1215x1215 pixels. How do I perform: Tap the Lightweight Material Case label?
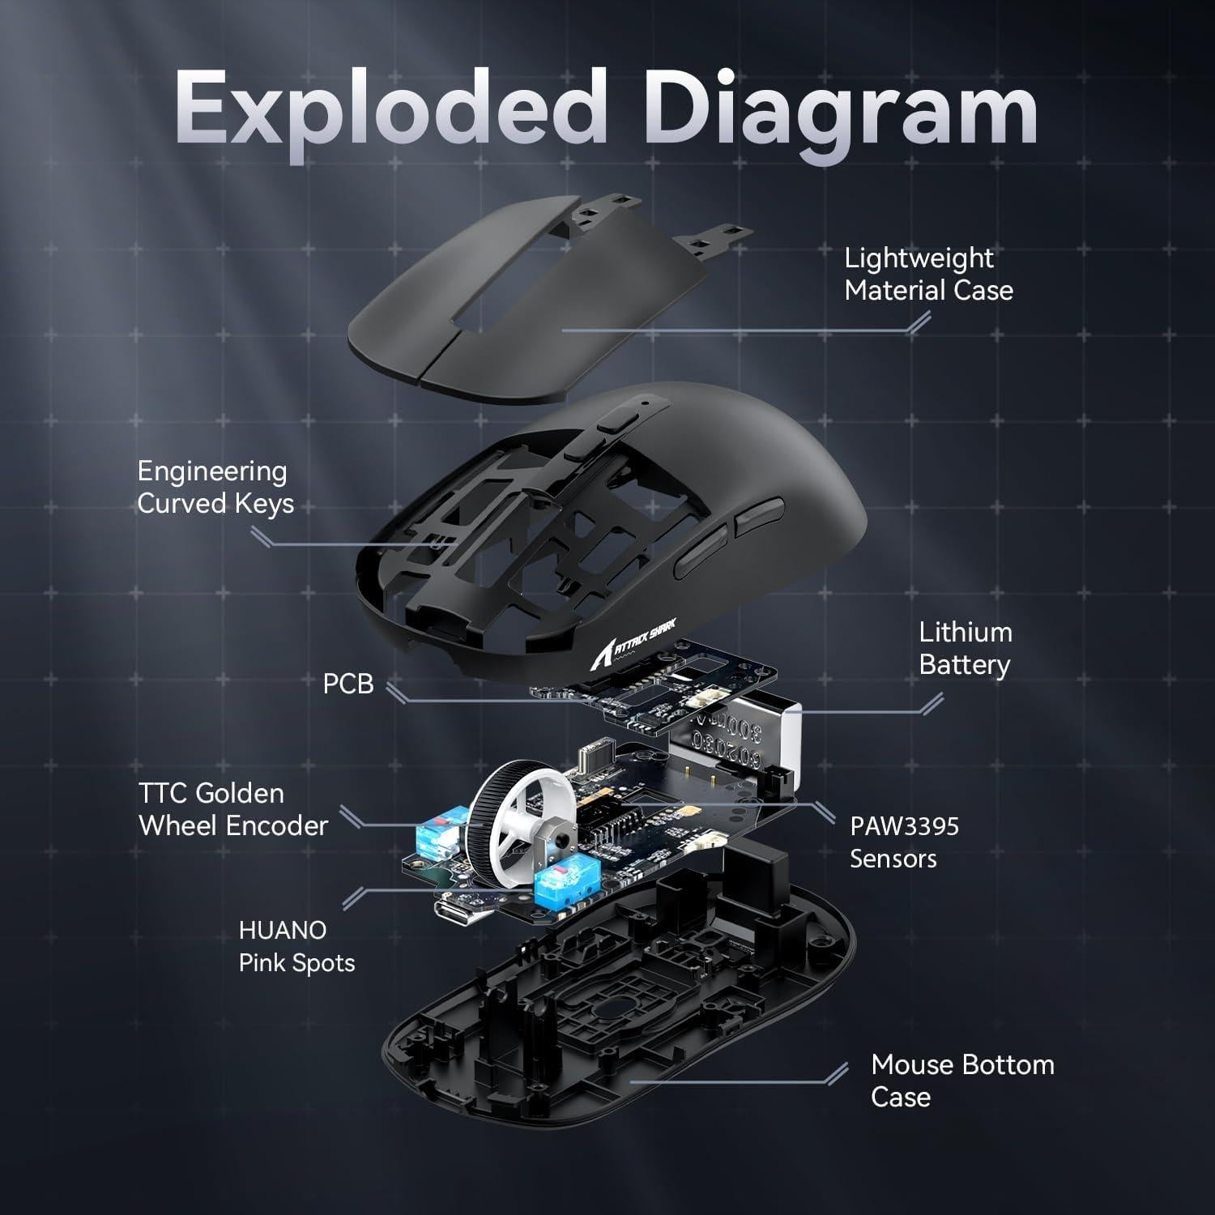pos(928,275)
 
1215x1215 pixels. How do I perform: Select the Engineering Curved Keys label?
pos(215,488)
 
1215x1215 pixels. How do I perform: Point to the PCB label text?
pos(348,684)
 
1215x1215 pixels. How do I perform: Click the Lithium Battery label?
pos(965,649)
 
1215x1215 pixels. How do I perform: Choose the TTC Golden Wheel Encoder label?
pos(232,810)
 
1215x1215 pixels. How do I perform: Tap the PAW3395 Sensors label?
pos(903,842)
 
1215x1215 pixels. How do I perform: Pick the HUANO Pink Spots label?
pos(296,947)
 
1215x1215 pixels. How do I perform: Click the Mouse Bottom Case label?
pos(962,1081)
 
